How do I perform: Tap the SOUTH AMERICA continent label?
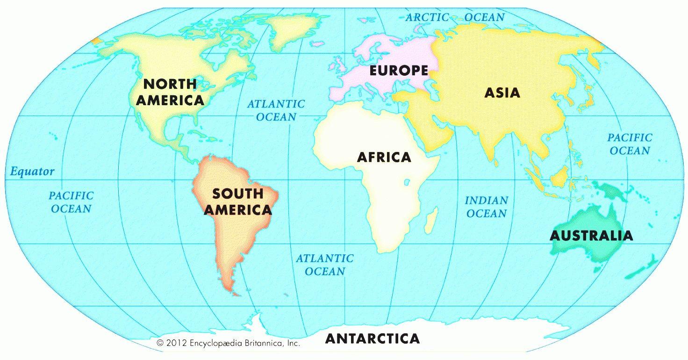click(237, 202)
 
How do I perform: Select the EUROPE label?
click(399, 71)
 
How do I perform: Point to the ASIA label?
click(502, 93)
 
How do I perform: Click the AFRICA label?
click(384, 157)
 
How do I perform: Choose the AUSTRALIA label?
click(591, 235)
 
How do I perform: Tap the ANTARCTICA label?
click(372, 338)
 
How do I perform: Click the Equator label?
click(32, 172)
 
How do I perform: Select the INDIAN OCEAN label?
click(486, 207)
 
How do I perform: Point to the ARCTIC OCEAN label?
click(455, 17)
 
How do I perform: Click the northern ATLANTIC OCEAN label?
click(276, 110)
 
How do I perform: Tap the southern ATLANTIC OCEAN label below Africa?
click(325, 265)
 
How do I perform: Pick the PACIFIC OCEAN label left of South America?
click(71, 202)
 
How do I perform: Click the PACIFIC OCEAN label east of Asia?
click(630, 144)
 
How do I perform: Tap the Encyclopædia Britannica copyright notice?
click(228, 343)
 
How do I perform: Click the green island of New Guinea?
click(613, 189)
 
